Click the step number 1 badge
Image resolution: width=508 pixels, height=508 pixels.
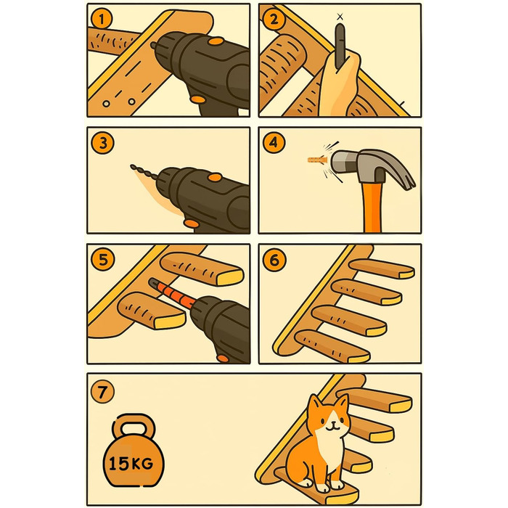point(102,20)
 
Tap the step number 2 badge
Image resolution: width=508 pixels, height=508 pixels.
point(274,20)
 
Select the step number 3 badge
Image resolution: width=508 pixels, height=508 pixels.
point(103,143)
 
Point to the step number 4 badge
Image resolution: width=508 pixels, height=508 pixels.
point(274,142)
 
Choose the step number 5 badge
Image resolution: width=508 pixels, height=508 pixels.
point(103,260)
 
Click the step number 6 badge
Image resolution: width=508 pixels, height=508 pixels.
point(274,260)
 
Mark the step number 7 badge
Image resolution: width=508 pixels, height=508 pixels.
point(102,392)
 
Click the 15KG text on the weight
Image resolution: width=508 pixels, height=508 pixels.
point(131,464)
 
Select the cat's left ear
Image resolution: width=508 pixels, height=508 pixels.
point(314,405)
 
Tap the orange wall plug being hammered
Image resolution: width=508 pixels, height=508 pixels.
point(317,160)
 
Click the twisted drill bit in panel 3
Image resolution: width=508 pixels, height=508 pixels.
point(144,172)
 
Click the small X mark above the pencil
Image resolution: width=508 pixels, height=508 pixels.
point(340,17)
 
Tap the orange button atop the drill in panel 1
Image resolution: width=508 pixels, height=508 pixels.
point(216,41)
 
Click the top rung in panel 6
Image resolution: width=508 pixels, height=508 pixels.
point(382,269)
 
